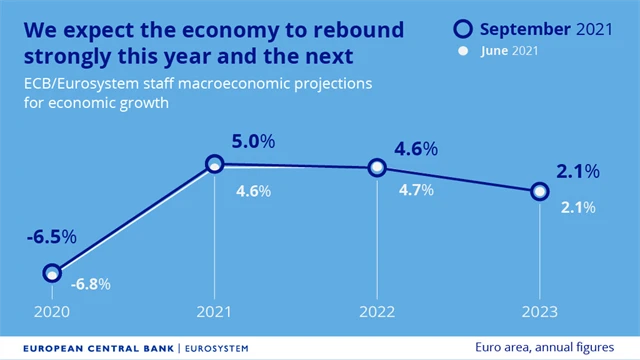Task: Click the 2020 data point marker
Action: click(x=53, y=273)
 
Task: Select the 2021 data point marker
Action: click(x=214, y=163)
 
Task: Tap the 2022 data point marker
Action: click(x=377, y=168)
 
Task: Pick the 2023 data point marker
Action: click(x=539, y=191)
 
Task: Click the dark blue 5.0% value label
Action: click(x=251, y=142)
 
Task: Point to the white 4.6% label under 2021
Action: click(x=253, y=191)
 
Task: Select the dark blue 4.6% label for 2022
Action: click(x=415, y=149)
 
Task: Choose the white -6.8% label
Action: click(x=90, y=284)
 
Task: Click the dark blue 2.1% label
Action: click(x=578, y=172)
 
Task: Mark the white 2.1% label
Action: click(x=577, y=208)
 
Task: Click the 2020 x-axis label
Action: click(x=52, y=311)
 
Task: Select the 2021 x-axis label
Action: click(x=214, y=311)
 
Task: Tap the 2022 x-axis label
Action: click(x=377, y=311)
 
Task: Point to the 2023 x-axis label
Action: click(x=539, y=311)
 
